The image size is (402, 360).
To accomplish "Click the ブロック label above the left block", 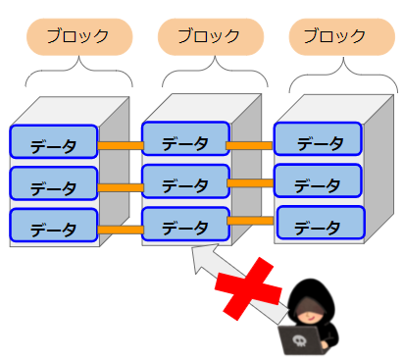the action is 79,36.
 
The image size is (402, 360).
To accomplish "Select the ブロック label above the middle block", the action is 211,36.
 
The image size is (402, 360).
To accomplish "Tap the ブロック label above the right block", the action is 342,36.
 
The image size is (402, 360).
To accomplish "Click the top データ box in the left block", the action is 54,141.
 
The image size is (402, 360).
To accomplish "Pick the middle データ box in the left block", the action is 54,183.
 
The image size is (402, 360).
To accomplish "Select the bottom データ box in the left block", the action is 54,225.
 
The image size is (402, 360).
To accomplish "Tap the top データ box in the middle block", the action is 185,138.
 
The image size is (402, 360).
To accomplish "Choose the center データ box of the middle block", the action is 185,181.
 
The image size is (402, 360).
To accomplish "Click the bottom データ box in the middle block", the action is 185,224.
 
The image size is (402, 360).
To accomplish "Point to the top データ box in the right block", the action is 318,138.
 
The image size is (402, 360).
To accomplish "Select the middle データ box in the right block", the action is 318,180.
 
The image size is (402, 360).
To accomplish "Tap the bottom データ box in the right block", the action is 321,223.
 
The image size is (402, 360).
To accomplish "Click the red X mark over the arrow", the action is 248,288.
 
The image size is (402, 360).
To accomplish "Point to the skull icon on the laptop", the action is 299,340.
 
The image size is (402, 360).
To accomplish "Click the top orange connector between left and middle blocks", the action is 121,145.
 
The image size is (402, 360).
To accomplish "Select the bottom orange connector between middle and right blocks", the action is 250,221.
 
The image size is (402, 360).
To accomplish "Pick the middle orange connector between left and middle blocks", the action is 121,187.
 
